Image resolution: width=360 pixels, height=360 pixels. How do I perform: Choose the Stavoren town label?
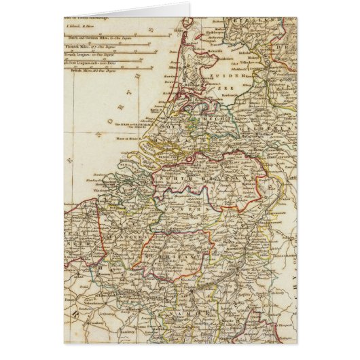click(x=234, y=41)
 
